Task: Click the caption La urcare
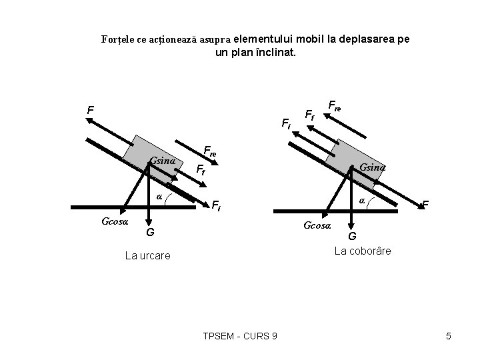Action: coord(147,255)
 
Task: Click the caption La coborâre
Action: coord(363,251)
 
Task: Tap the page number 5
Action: coord(449,336)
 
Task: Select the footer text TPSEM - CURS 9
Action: coord(239,336)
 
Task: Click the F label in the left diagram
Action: coord(90,109)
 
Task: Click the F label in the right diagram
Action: coord(425,204)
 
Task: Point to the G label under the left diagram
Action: coord(151,232)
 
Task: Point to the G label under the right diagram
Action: coord(352,236)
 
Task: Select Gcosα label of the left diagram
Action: coord(115,221)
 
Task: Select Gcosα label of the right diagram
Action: coord(317,225)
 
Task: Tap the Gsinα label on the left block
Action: coord(163,161)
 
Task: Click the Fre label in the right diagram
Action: coord(335,105)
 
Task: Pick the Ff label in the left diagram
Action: coord(199,169)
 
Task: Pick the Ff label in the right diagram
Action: coord(310,115)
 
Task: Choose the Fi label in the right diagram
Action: coord(285,123)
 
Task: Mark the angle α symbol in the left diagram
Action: coord(159,196)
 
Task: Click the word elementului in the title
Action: coord(263,39)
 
